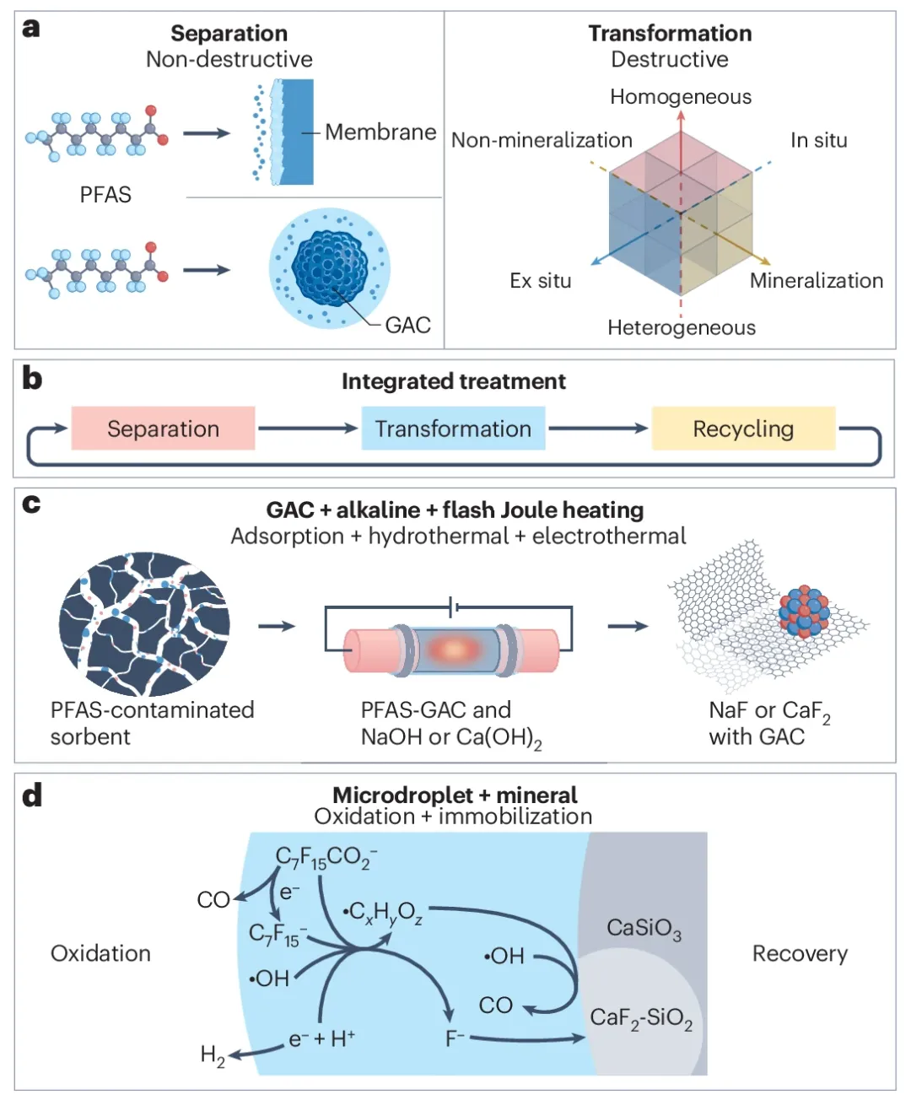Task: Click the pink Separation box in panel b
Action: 163,429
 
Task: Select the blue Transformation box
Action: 453,429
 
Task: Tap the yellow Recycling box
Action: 743,429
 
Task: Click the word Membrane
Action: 380,132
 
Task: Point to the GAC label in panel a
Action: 407,325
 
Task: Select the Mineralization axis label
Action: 816,281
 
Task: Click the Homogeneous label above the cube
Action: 681,97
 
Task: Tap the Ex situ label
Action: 541,281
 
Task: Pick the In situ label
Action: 818,141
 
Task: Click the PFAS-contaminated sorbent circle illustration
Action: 143,624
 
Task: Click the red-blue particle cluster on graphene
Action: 803,612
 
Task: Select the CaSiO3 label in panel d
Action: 644,929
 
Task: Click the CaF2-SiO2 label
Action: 641,1018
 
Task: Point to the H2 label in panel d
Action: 213,1055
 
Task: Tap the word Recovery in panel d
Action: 800,954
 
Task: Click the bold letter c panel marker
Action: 31,504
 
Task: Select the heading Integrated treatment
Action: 454,381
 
